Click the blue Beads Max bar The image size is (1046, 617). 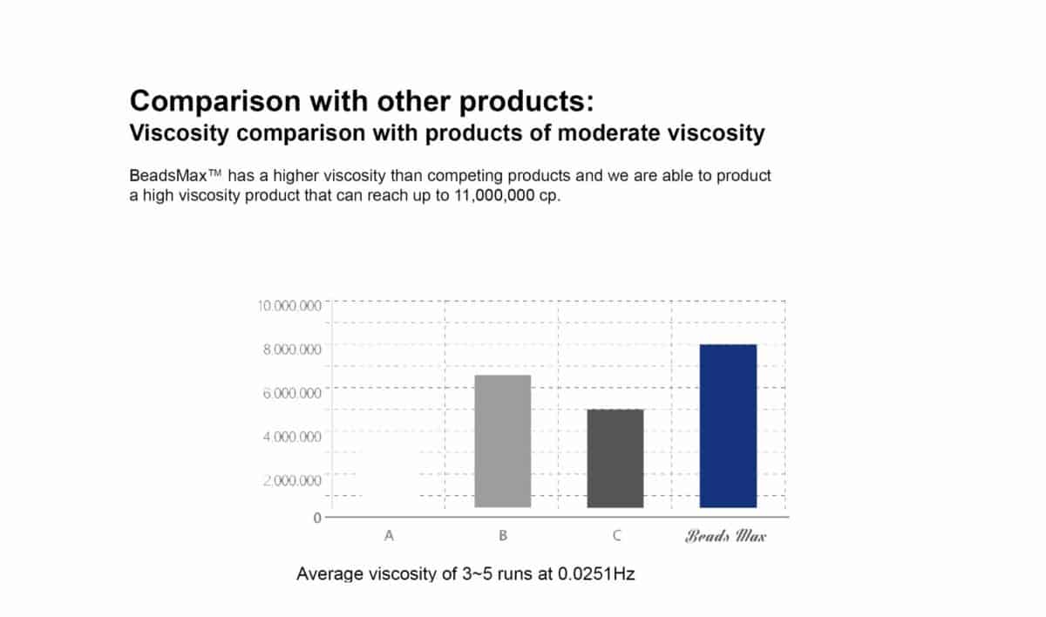click(x=728, y=425)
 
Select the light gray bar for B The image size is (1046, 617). click(x=502, y=441)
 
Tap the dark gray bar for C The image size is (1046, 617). click(x=615, y=458)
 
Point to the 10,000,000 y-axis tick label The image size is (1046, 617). click(x=289, y=306)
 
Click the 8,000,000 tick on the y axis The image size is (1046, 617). click(x=292, y=349)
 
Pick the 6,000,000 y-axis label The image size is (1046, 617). click(x=292, y=393)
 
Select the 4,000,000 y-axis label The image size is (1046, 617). click(x=292, y=437)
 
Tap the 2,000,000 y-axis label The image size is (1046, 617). click(x=292, y=480)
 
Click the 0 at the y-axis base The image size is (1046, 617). click(x=317, y=518)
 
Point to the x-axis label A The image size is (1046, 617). click(x=389, y=536)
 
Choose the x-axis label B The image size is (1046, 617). click(x=503, y=536)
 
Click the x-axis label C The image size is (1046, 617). click(x=616, y=536)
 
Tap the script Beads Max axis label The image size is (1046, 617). click(x=725, y=536)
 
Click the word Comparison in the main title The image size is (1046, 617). click(x=215, y=102)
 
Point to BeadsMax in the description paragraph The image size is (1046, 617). click(x=168, y=176)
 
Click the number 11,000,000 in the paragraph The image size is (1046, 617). click(x=494, y=195)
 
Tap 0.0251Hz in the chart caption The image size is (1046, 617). click(x=596, y=573)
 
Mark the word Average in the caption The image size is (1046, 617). click(x=330, y=574)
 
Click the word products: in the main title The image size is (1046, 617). click(x=526, y=102)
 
